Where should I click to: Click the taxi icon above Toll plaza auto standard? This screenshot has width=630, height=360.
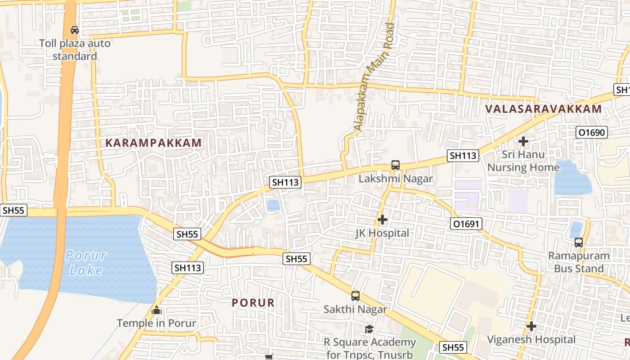click(x=75, y=30)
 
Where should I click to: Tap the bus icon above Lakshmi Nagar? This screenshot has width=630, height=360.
click(x=395, y=165)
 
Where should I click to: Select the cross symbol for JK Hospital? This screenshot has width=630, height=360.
click(x=382, y=220)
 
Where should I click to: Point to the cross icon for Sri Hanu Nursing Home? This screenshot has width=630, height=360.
click(x=523, y=141)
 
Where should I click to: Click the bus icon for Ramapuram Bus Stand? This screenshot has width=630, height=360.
click(x=579, y=242)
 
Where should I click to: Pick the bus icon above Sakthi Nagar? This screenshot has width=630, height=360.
click(x=355, y=296)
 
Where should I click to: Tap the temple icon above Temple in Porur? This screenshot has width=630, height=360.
click(x=157, y=310)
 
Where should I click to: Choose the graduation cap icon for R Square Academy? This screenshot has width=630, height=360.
click(x=369, y=329)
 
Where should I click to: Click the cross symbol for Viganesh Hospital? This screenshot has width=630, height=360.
click(x=531, y=326)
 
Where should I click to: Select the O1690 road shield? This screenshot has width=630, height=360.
click(x=592, y=132)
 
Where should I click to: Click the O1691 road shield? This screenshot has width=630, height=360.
click(x=466, y=224)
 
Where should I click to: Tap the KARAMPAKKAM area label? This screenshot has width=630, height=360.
click(x=153, y=143)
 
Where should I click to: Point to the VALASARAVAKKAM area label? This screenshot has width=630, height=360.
click(x=544, y=109)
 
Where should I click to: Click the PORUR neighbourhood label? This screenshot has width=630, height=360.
click(x=253, y=303)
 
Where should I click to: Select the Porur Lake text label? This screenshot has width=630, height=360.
click(x=85, y=263)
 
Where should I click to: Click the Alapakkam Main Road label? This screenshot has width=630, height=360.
click(x=374, y=77)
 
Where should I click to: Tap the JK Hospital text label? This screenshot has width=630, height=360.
click(x=382, y=233)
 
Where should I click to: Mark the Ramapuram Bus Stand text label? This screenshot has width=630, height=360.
click(x=578, y=262)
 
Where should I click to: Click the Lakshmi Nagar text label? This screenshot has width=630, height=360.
click(x=396, y=179)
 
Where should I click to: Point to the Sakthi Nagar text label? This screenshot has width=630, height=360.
click(x=355, y=310)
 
